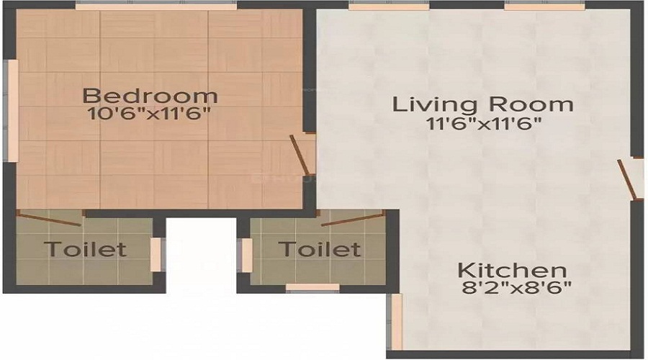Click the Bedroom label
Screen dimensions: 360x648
pyautogui.click(x=150, y=95)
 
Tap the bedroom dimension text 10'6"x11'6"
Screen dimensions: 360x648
pyautogui.click(x=150, y=114)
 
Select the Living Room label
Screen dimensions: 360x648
pyautogui.click(x=482, y=104)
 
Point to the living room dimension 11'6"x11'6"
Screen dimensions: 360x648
pyautogui.click(x=482, y=123)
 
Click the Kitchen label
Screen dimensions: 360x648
pyautogui.click(x=512, y=271)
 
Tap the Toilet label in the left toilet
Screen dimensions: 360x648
pyautogui.click(x=85, y=250)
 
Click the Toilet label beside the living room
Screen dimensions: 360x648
pyautogui.click(x=319, y=250)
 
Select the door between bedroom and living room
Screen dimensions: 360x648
pyautogui.click(x=302, y=155)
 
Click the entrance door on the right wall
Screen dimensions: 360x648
pyautogui.click(x=629, y=179)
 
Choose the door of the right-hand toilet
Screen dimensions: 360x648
pyautogui.click(x=353, y=219)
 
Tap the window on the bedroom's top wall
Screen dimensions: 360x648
pyautogui.click(x=156, y=5)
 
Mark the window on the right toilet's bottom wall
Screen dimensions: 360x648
pyautogui.click(x=312, y=287)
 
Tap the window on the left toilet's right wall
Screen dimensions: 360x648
pyautogui.click(x=156, y=254)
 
